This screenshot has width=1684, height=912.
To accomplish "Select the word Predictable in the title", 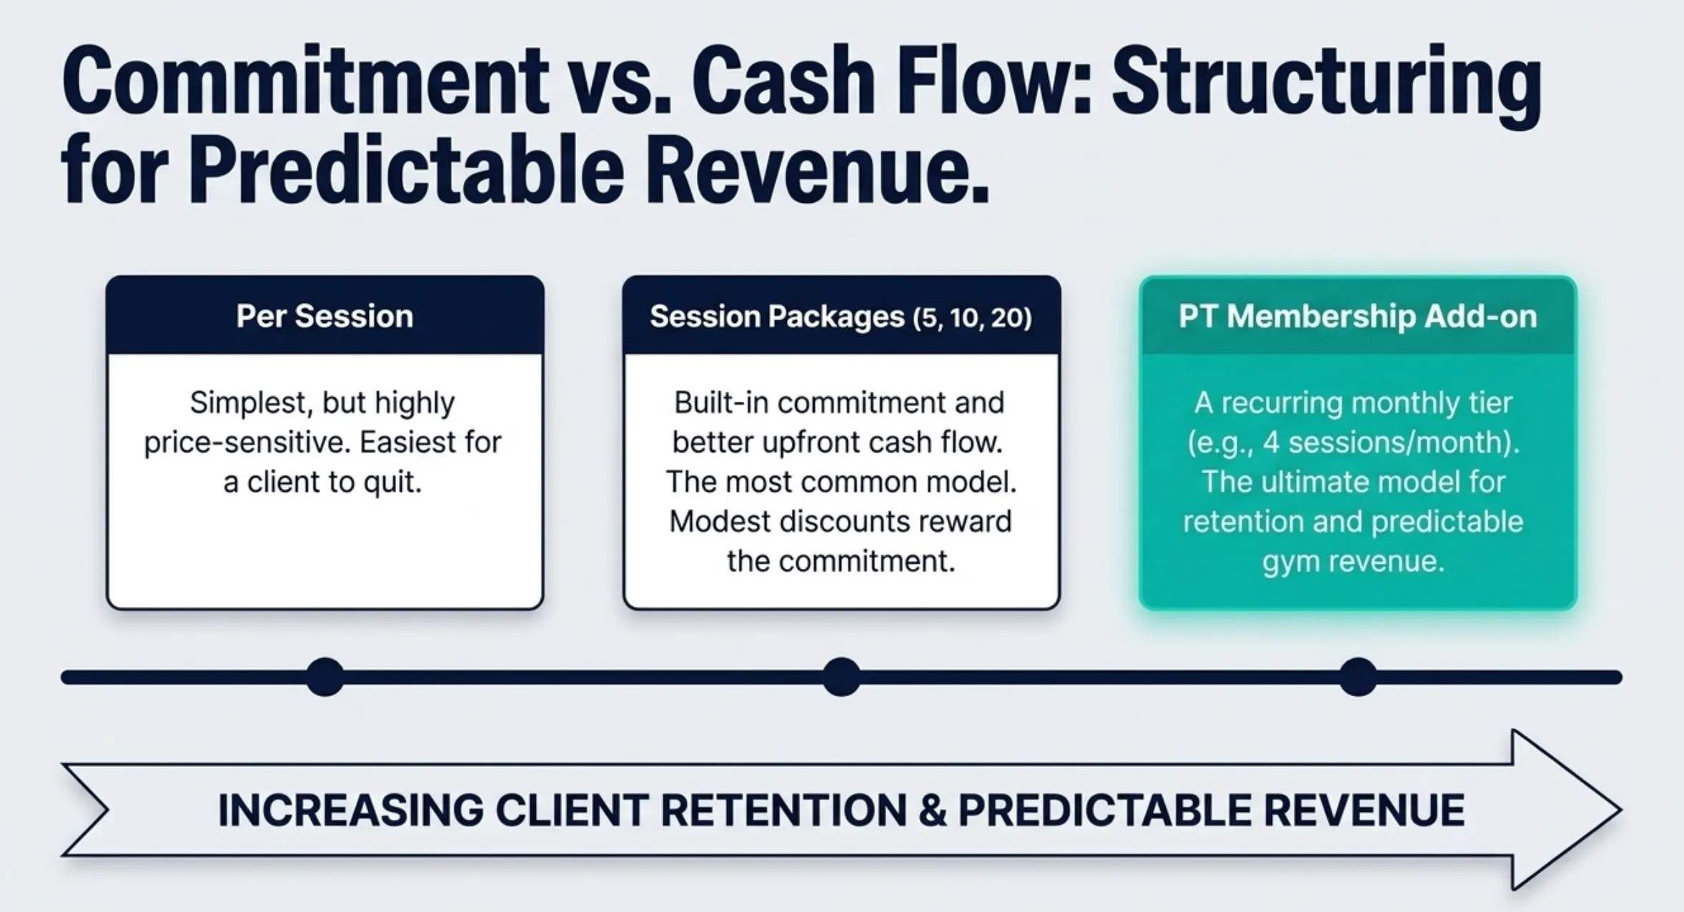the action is click(x=406, y=172).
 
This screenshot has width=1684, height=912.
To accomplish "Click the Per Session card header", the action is click(x=325, y=316).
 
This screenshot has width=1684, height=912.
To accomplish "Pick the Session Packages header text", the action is click(x=777, y=317).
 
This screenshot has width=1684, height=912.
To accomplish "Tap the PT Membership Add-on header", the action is click(x=1357, y=317).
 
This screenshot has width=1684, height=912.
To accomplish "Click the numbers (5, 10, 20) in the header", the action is click(x=972, y=317).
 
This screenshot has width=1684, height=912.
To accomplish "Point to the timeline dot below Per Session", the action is click(x=325, y=677).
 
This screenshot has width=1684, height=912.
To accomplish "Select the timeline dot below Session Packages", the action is click(x=841, y=677).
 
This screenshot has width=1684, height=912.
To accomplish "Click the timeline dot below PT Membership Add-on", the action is click(x=1357, y=677).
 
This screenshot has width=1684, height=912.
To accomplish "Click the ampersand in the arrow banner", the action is click(x=932, y=811).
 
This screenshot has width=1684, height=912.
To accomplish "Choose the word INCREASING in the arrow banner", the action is click(x=351, y=811).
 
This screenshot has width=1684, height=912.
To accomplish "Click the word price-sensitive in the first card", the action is click(x=247, y=443).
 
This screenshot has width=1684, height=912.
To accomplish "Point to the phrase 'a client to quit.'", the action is click(x=322, y=482).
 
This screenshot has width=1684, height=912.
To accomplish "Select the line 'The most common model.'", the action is click(x=841, y=482).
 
